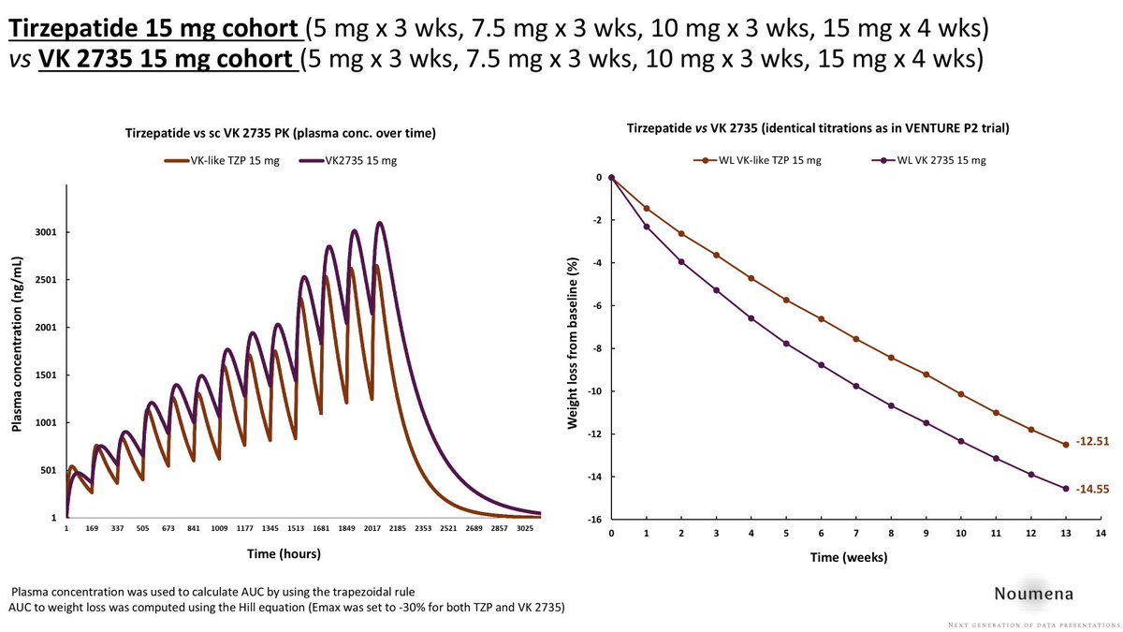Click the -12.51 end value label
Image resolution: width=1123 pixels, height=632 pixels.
(1091, 442)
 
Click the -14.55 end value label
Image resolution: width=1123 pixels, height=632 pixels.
(1091, 488)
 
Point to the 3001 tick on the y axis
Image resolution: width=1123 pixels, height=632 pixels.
(47, 232)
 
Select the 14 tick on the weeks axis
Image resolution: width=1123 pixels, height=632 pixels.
(1101, 533)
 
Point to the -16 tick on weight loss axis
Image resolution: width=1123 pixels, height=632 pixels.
(591, 520)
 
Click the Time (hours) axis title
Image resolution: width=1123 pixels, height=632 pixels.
(284, 553)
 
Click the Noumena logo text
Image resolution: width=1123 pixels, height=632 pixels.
(1034, 593)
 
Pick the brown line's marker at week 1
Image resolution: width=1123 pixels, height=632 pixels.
(647, 208)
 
